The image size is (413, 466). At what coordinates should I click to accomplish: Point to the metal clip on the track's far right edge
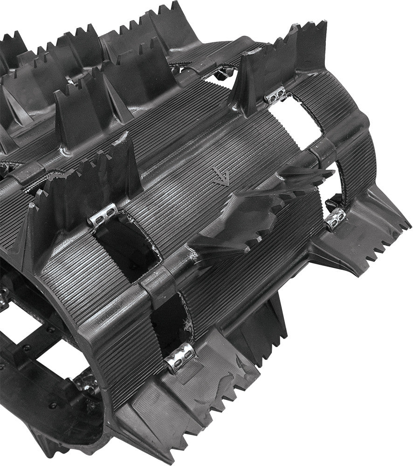point(335,219)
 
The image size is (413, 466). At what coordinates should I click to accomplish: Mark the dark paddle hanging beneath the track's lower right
point(270,326)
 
